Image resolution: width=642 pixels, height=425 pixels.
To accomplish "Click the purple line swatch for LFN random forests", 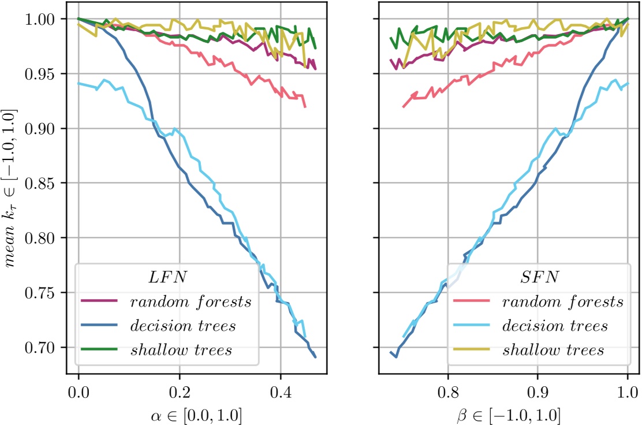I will coord(100,301).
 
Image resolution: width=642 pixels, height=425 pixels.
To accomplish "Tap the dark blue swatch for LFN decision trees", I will coord(100,326).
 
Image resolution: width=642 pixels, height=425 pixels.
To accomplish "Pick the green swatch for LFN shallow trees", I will coord(100,350).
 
